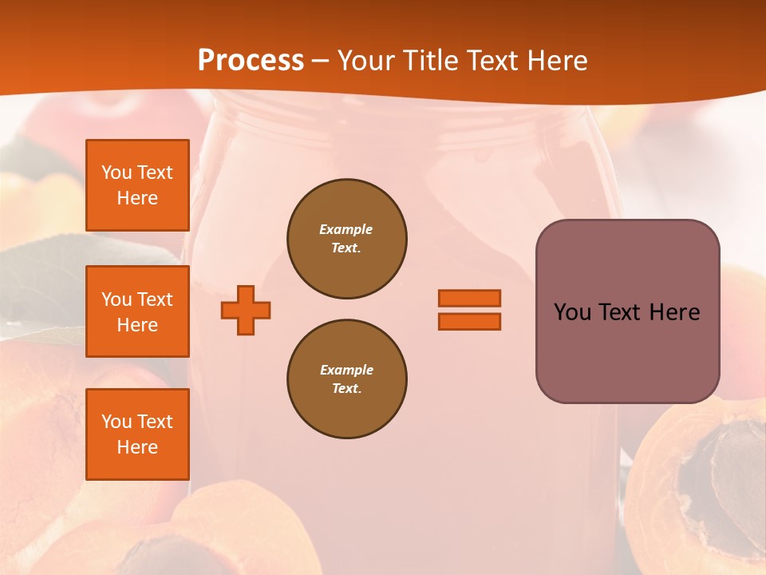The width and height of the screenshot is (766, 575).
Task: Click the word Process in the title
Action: (x=251, y=61)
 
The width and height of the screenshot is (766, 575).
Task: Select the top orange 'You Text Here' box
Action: (x=137, y=185)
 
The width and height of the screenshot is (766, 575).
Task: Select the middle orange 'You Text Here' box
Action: (x=137, y=311)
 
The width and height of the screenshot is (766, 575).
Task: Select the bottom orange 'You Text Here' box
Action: (x=137, y=434)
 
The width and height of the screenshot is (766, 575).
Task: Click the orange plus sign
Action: (x=246, y=310)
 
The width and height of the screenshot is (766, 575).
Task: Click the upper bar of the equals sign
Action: (x=469, y=298)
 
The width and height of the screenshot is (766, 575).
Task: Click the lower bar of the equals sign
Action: (x=469, y=321)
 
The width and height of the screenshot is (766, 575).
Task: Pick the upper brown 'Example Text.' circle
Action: (x=346, y=239)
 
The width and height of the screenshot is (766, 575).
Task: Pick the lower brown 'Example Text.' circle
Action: (x=346, y=379)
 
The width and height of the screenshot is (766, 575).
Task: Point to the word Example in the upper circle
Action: (x=345, y=229)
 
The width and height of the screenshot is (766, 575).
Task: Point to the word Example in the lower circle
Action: (x=346, y=370)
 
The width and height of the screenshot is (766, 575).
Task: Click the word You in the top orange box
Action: (x=116, y=172)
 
